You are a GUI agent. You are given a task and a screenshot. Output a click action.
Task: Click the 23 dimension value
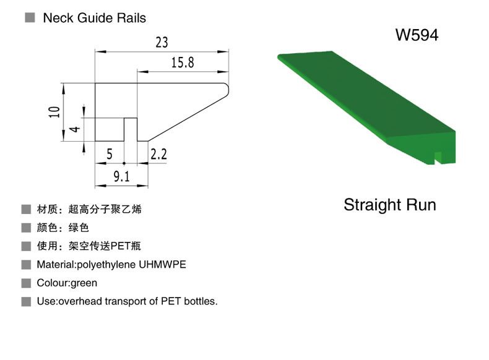coord(162,43)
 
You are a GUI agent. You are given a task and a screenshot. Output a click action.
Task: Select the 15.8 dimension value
coord(183,62)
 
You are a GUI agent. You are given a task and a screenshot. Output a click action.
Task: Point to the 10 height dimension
coord(54,112)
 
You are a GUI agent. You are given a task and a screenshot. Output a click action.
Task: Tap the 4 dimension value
coord(74,129)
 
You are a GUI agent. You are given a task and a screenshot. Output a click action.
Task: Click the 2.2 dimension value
coord(158,154)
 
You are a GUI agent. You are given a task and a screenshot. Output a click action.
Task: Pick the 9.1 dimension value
coord(121,177)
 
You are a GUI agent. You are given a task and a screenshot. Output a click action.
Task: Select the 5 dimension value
coord(109,154)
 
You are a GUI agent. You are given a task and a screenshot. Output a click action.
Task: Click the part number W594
coord(417,35)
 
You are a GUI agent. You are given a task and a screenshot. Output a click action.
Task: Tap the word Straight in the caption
coord(370,205)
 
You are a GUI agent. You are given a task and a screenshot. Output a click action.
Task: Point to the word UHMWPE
coord(162,265)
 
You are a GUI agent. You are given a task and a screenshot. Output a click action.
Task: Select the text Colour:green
coord(67,283)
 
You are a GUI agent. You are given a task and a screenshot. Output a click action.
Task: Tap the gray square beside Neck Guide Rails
coord(30,17)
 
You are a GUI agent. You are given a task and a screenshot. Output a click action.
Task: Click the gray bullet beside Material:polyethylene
coord(26,265)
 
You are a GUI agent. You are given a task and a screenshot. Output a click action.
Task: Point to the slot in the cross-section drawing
coord(131,129)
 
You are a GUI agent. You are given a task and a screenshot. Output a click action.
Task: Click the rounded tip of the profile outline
coord(228,90)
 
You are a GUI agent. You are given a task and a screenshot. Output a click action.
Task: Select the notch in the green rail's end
coord(438,157)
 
